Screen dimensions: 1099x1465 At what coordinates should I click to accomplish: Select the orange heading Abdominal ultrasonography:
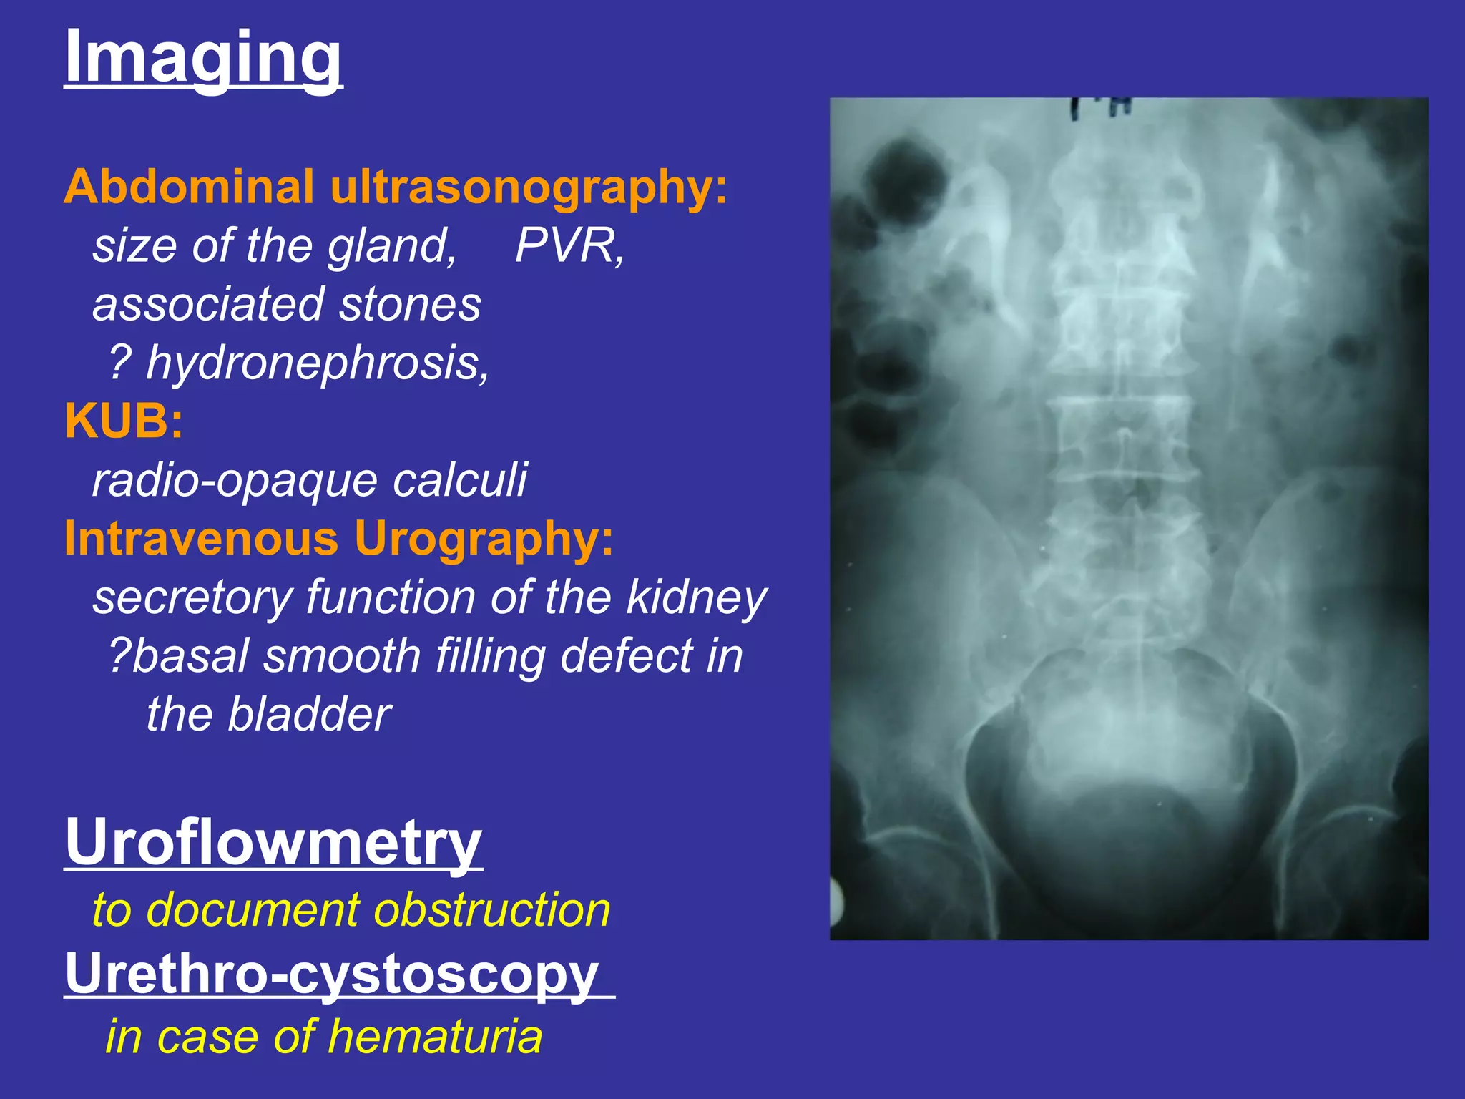pyautogui.click(x=396, y=187)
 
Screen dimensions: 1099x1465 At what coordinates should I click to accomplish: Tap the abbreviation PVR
pyautogui.click(x=569, y=246)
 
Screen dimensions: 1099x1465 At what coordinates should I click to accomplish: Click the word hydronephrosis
pyautogui.click(x=318, y=363)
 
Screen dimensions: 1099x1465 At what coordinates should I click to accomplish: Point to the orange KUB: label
pyautogui.click(x=124, y=421)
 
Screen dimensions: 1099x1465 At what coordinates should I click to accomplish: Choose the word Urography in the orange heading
pyautogui.click(x=484, y=538)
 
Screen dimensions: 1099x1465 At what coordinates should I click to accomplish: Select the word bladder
pyautogui.click(x=309, y=714)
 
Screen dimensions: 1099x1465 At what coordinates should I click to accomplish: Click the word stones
pyautogui.click(x=410, y=305)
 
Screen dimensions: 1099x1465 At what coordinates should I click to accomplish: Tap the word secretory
pyautogui.click(x=192, y=598)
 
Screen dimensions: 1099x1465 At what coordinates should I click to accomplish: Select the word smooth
pyautogui.click(x=342, y=655)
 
